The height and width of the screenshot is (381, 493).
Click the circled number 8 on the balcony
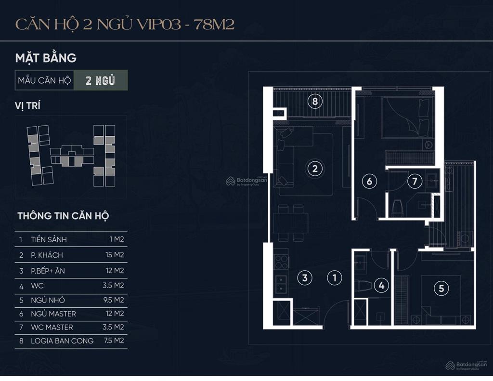(x=315, y=101)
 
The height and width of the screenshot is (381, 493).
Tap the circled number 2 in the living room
(x=315, y=169)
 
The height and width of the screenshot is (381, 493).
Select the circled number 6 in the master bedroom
(x=369, y=181)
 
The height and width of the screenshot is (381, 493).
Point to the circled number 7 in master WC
(x=415, y=181)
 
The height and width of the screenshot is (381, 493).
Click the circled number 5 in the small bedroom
(x=441, y=288)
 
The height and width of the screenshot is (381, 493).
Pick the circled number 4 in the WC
(x=381, y=285)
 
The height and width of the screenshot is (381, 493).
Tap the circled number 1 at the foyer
(x=335, y=277)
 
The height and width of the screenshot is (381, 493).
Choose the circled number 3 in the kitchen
(x=305, y=277)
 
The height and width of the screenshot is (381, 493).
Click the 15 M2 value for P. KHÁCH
(x=115, y=255)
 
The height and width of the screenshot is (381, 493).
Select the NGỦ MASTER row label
(x=53, y=314)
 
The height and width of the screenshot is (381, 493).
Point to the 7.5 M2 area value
(x=114, y=341)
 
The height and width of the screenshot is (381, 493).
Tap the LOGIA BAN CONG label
(x=62, y=341)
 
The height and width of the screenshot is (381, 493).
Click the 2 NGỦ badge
(x=101, y=80)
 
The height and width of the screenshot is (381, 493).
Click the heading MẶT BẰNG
(x=46, y=58)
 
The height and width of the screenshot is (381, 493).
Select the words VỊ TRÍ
(x=27, y=105)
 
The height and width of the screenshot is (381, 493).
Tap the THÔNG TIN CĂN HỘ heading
(x=63, y=216)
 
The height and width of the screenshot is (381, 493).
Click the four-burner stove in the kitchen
(x=281, y=262)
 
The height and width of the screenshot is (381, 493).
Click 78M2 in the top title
(x=214, y=24)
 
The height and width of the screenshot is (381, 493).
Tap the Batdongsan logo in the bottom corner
(x=466, y=365)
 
